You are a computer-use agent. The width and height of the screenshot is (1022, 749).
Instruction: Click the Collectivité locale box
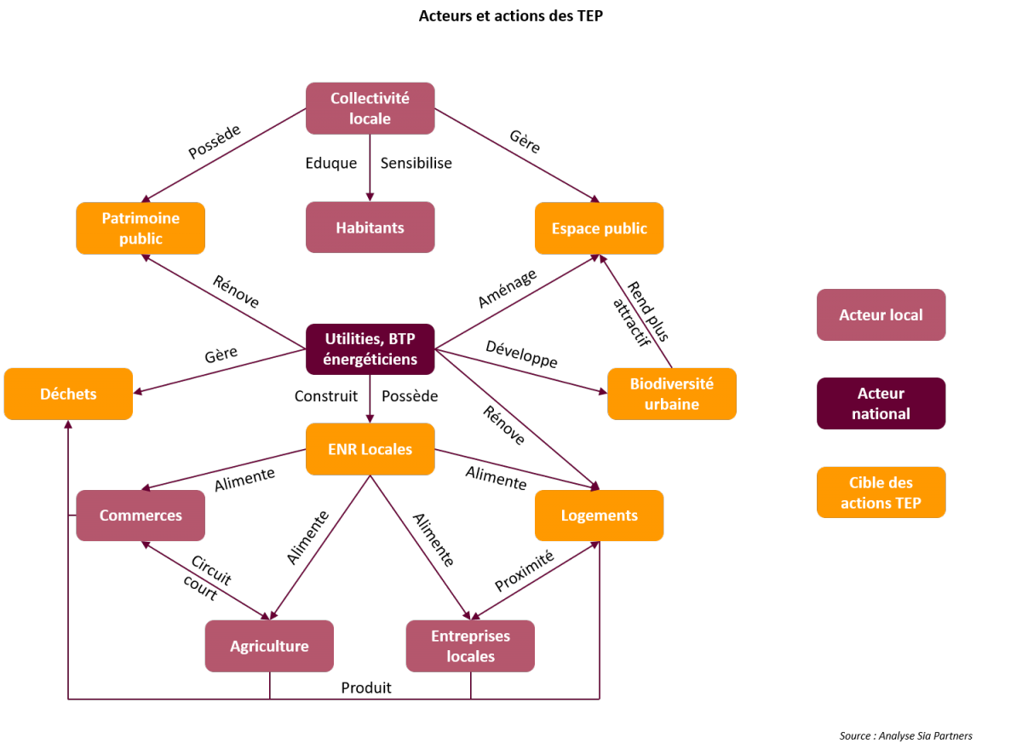coord(370,108)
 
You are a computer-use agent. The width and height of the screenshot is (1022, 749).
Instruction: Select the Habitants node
coord(370,228)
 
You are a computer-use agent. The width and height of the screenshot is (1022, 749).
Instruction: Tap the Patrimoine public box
coord(141,228)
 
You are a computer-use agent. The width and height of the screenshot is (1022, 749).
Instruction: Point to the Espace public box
coord(599,228)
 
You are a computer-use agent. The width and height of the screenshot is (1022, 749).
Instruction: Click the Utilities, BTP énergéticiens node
coord(370,349)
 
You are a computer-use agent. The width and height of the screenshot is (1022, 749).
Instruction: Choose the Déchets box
coord(68,394)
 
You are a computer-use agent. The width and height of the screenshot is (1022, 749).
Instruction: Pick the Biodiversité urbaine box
coord(671,394)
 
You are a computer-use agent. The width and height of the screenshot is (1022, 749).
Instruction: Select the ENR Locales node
coord(370,449)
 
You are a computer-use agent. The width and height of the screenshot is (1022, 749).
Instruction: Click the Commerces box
coord(141,516)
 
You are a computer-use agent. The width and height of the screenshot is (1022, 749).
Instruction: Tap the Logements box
coord(599,516)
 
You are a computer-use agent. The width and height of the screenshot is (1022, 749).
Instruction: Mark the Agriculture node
coord(269,646)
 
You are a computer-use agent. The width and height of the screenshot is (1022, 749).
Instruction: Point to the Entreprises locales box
coord(470,646)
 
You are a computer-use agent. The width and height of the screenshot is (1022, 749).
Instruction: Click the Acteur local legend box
coord(881,314)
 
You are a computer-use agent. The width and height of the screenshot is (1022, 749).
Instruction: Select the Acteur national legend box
coord(881,403)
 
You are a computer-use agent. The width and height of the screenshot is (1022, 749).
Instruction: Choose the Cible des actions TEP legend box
coord(881,493)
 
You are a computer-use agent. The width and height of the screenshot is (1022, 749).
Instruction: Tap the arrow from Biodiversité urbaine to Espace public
coord(637,312)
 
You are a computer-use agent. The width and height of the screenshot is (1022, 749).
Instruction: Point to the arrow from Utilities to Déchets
coord(221,371)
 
